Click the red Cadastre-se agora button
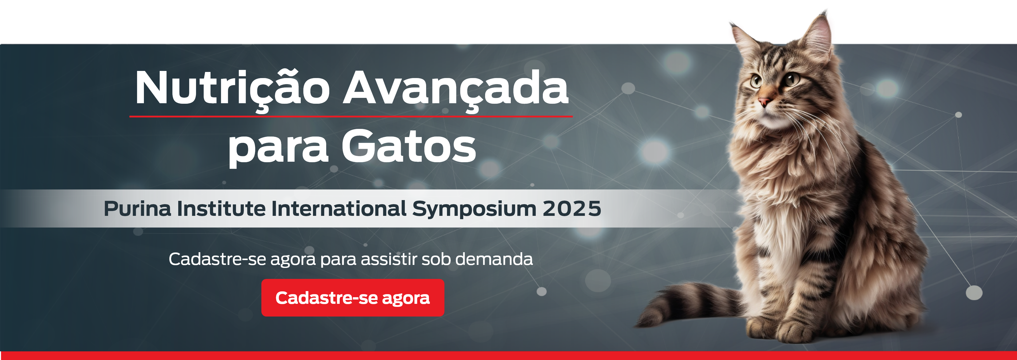tap(353, 298)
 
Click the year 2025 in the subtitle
tap(572, 208)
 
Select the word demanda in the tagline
tap(494, 259)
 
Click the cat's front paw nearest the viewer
tap(798, 332)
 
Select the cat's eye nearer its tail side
tap(791, 79)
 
